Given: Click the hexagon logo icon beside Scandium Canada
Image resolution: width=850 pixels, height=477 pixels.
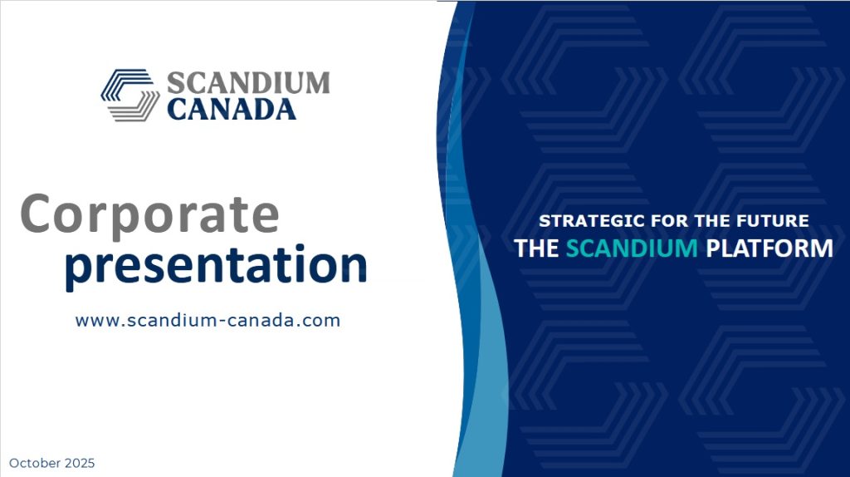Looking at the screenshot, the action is tap(130, 95).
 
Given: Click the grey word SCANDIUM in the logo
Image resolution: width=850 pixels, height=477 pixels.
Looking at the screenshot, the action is tap(247, 83).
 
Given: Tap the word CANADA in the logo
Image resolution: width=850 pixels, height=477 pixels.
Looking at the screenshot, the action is tap(232, 109).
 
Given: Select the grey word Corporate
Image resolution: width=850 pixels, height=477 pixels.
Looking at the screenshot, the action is tap(149, 215).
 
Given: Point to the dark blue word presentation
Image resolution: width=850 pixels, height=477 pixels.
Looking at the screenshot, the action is tap(216, 266).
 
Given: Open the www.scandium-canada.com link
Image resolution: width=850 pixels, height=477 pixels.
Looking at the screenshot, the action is tap(208, 320).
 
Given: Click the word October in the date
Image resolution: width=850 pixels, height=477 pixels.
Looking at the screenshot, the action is tap(35, 463).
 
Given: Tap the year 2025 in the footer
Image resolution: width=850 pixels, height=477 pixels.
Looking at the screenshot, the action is tap(80, 463).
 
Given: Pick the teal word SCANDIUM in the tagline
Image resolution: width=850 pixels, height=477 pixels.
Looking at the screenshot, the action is tap(632, 248).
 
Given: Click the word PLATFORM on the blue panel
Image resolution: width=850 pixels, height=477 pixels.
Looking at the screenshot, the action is tap(769, 248).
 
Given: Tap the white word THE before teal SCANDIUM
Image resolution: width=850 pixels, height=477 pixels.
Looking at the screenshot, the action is tap(536, 248).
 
